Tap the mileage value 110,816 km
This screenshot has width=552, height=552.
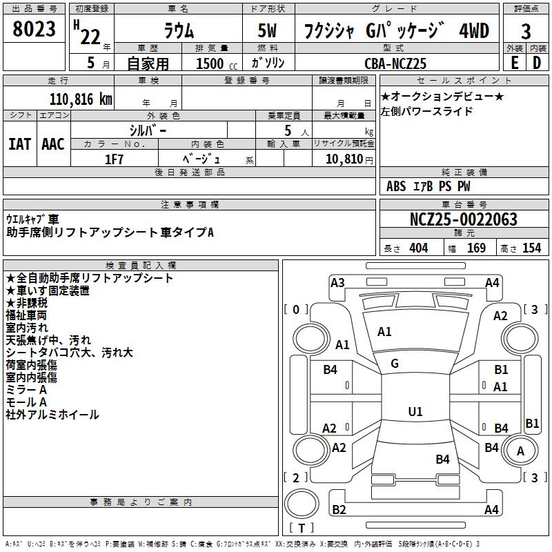pos(81,99)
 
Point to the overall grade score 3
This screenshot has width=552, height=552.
pos(526,32)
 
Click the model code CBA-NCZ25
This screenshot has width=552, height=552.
pos(395,63)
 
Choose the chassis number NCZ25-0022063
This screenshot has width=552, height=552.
pos(464,220)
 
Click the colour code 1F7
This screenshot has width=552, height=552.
pos(114,159)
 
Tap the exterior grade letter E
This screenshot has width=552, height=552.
pos(514,63)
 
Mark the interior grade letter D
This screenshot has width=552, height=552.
pos(537,63)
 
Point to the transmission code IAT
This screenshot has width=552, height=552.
pos(19,144)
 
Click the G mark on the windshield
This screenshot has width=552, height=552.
pos(395,364)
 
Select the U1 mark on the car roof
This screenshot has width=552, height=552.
pos(415,412)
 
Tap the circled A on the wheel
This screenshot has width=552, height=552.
pos(521,451)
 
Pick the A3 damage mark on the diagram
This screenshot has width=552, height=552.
pos(337,283)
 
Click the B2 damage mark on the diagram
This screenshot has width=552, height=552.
pos(339,510)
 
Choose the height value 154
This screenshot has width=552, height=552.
pos(531,248)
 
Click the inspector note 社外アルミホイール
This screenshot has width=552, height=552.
pos(52,415)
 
